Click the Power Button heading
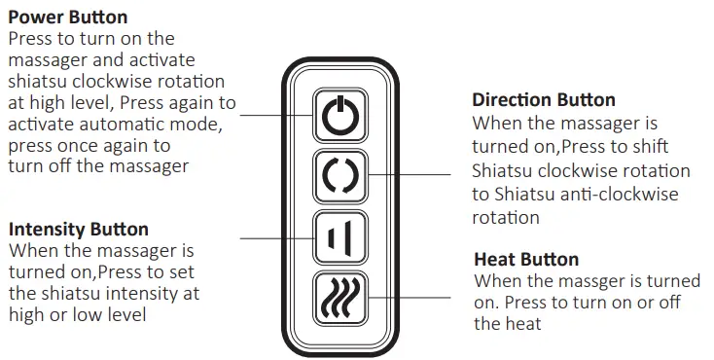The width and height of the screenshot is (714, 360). (67, 18)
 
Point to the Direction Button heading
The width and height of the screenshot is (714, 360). (544, 100)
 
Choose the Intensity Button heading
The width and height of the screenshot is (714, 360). (79, 230)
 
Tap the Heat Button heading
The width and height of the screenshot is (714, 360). (526, 260)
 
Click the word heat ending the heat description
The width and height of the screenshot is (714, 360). (521, 324)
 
